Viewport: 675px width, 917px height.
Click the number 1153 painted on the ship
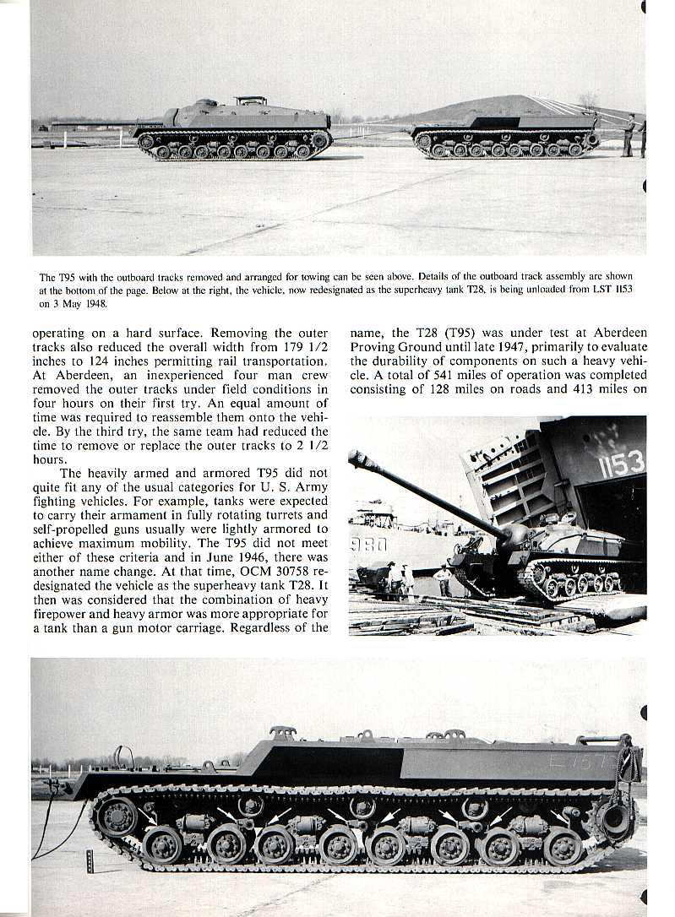click(621, 464)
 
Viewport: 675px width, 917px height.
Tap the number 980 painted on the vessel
click(368, 545)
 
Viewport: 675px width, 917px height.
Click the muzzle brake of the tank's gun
click(357, 459)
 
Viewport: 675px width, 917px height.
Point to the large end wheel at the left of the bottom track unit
click(116, 817)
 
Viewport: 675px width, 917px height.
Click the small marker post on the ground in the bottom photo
click(90, 861)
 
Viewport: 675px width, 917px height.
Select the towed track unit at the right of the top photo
click(505, 136)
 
